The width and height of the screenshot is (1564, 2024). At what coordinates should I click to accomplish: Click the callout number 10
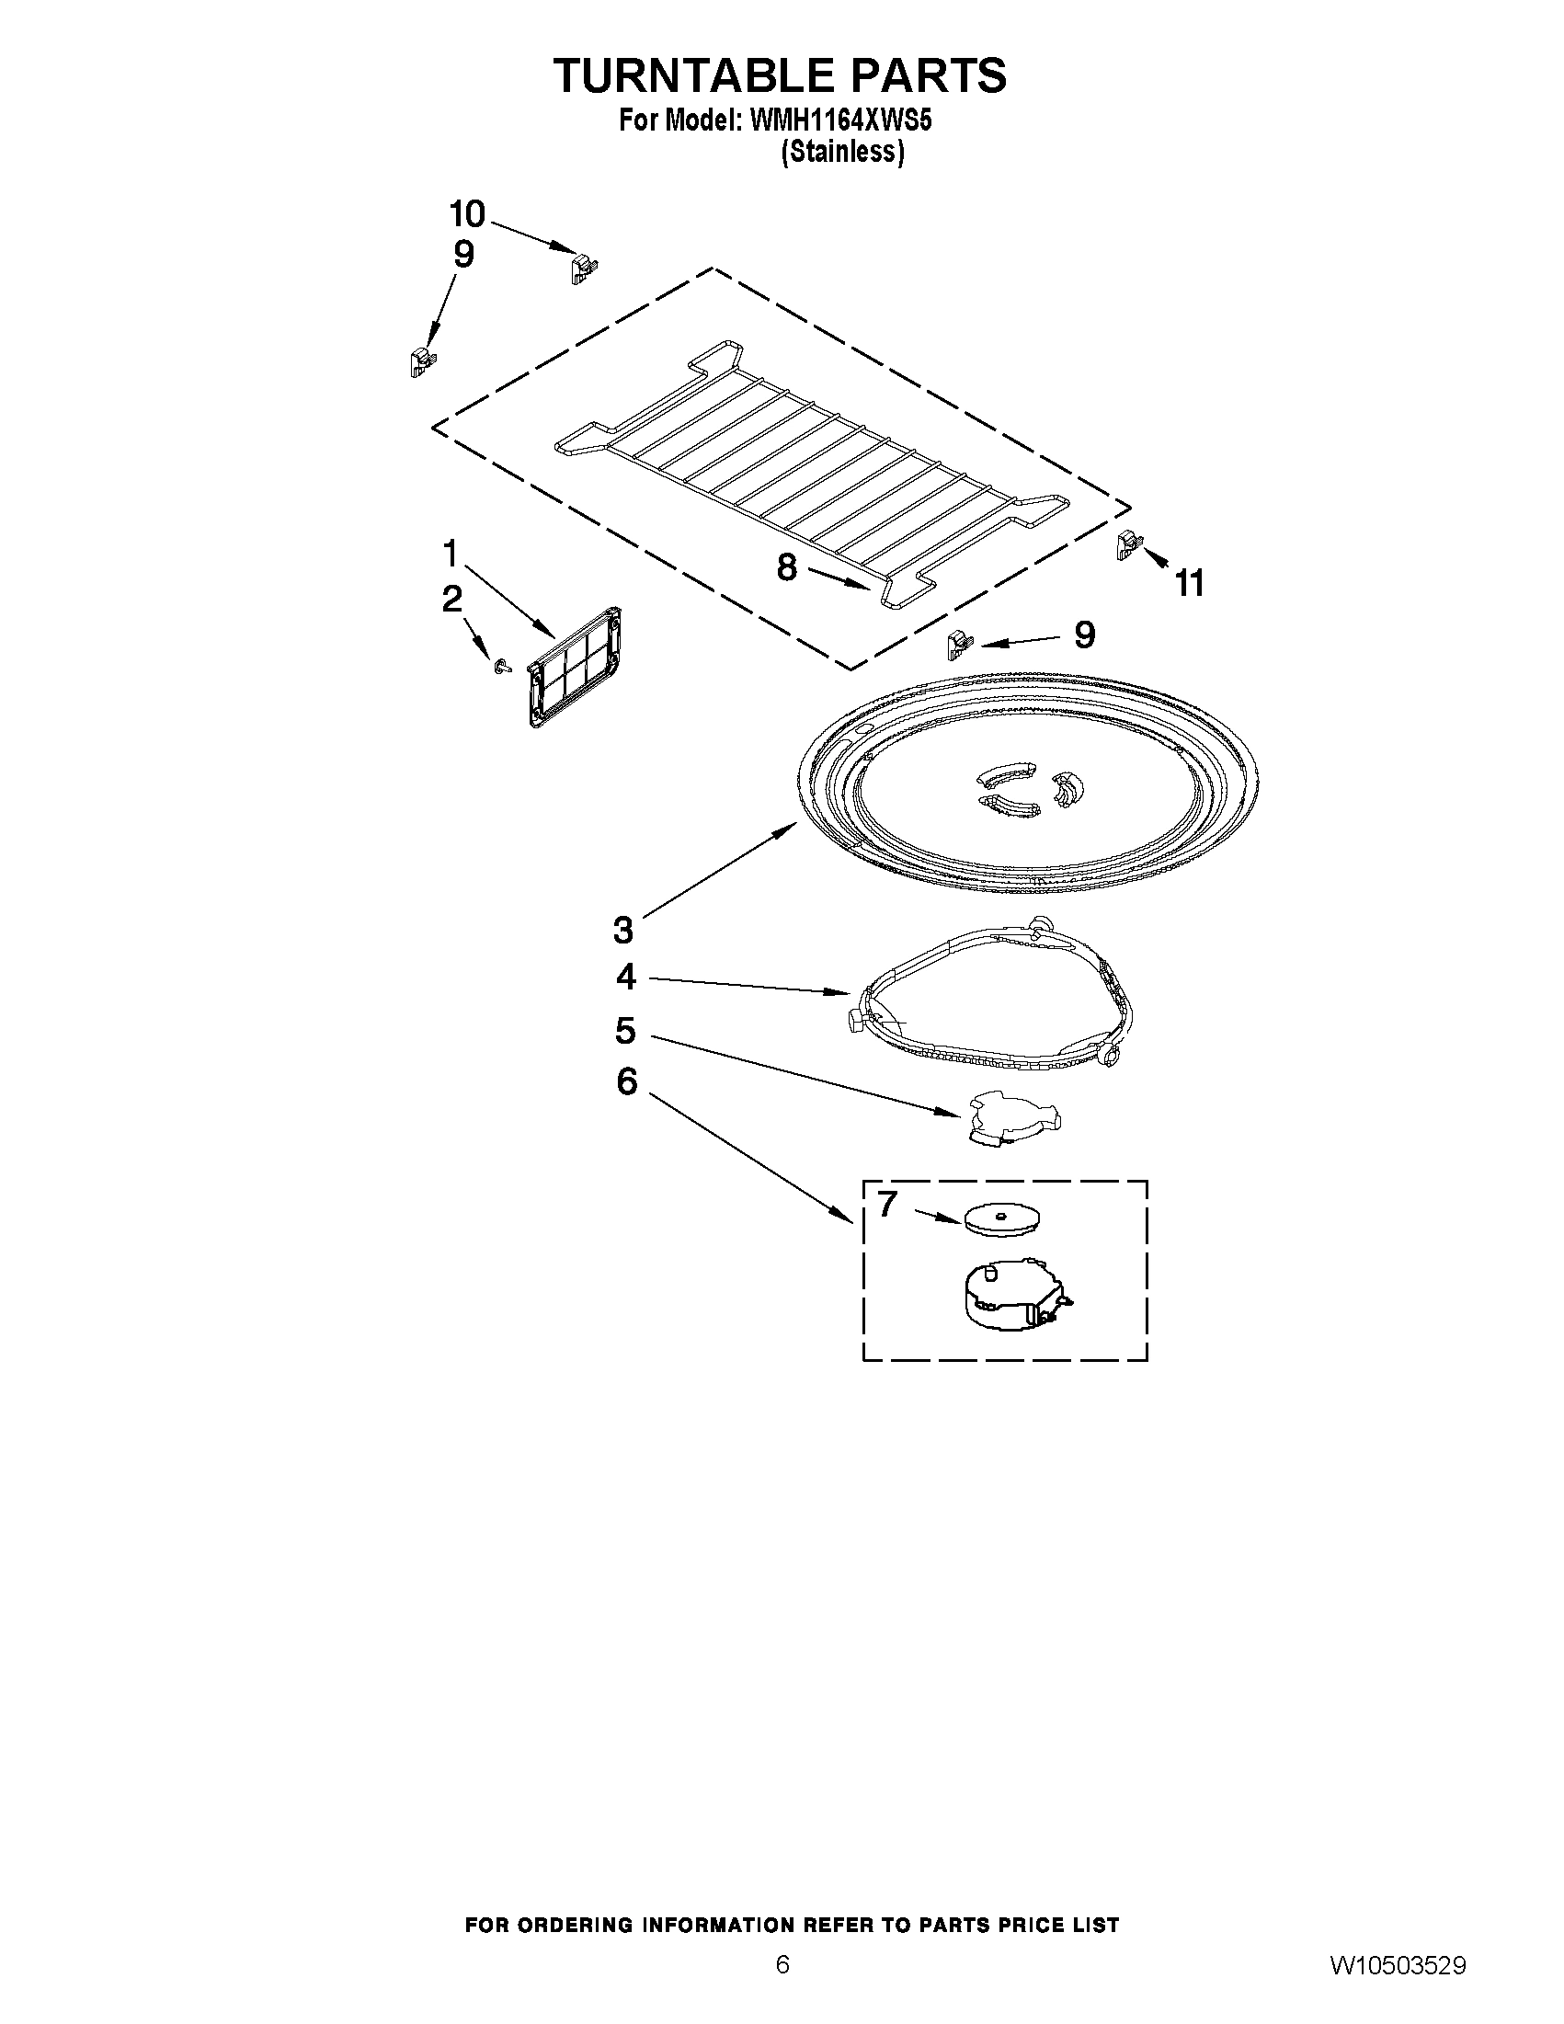pos(467,214)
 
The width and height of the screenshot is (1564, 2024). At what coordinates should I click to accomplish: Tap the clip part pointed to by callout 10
pos(581,269)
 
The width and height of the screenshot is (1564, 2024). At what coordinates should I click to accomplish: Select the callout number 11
pos(1190,584)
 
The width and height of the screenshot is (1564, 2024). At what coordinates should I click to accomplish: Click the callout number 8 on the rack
pos(787,567)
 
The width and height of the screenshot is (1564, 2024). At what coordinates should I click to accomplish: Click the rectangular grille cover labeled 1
pos(574,667)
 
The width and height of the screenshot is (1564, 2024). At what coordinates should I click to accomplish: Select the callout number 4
pos(626,977)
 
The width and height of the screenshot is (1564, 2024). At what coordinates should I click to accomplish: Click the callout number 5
pos(625,1030)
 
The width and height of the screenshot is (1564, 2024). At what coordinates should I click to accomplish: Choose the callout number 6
pos(627,1081)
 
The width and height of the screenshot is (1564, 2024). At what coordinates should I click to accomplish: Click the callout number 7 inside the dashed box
pos(886,1204)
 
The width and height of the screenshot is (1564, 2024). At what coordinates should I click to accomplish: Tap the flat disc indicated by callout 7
pos(1001,1218)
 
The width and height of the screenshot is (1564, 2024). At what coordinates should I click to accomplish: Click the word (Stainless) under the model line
pos(842,151)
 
